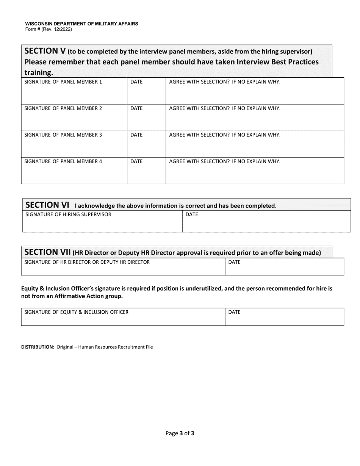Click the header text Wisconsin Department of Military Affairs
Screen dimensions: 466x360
(81, 23)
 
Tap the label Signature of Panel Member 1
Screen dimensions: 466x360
(63, 82)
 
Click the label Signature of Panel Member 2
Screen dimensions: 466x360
(63, 108)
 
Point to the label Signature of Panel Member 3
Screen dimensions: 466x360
(63, 135)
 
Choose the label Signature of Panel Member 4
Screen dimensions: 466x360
(63, 161)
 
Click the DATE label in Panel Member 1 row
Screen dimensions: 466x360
(136, 82)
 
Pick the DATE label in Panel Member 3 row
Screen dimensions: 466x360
(136, 135)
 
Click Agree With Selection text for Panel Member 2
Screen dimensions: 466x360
(225, 108)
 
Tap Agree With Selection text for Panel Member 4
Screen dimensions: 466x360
(225, 161)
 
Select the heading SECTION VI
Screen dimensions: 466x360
(47, 205)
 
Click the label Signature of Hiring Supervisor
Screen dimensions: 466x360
(68, 215)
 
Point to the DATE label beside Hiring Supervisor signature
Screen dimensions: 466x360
(192, 215)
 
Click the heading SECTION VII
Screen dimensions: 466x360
(48, 252)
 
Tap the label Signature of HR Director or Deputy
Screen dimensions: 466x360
(87, 262)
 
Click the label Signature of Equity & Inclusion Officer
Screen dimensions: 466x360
(76, 312)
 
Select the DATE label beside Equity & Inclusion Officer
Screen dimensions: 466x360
(234, 312)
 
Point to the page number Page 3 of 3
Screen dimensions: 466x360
(180, 433)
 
